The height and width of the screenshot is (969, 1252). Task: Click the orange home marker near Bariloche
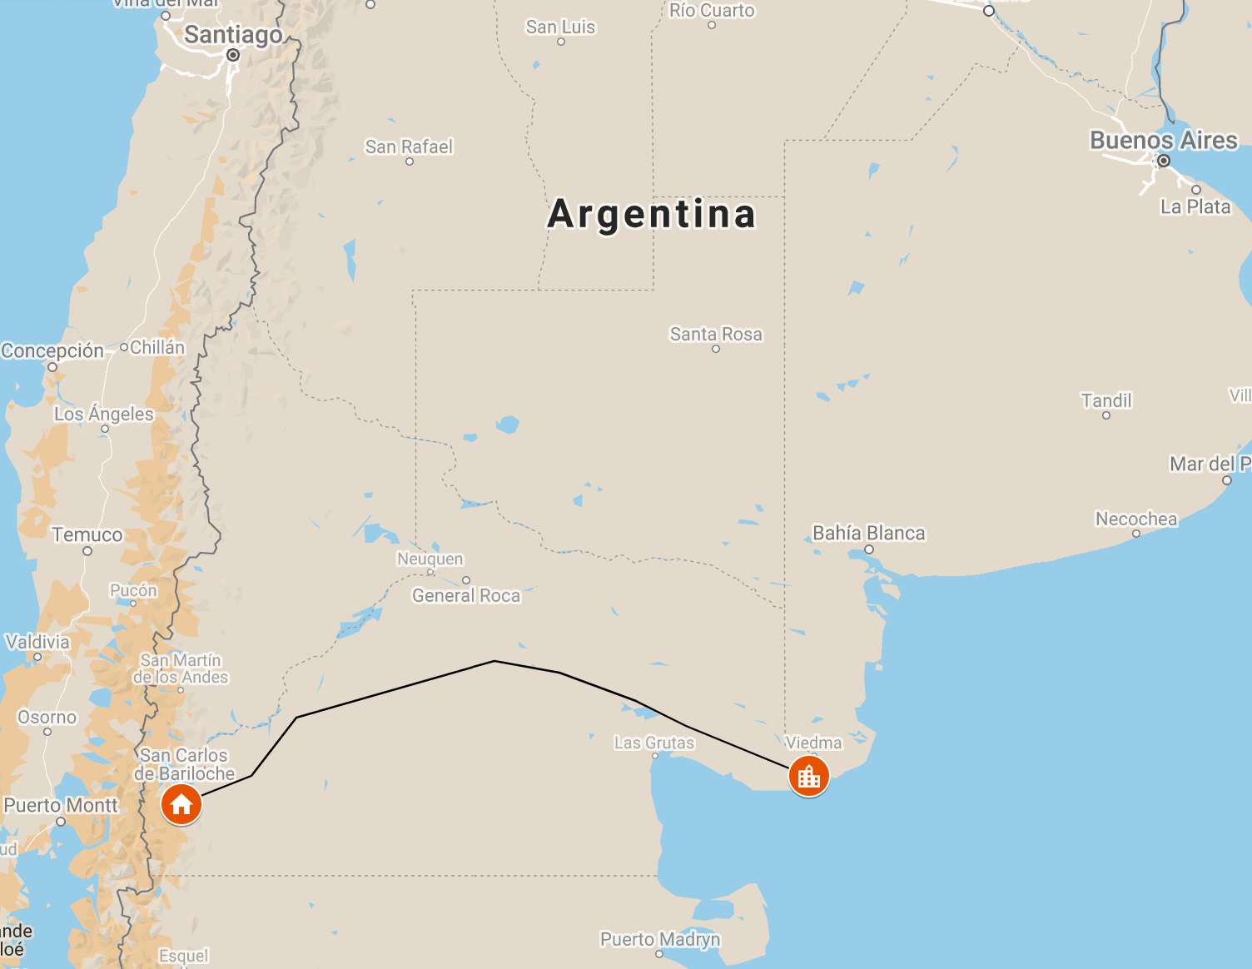181,805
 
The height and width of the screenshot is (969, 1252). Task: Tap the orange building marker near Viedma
808,777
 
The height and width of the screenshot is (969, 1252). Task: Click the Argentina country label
652,214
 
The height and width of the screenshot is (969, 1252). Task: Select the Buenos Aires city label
1163,140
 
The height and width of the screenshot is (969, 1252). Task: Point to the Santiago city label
233,35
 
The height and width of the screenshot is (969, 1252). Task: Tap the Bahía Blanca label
868,533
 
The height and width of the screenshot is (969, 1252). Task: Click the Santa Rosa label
716,334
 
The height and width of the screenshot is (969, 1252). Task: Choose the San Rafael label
409,147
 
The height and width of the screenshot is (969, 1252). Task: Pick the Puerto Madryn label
660,939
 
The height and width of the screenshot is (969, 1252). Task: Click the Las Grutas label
654,743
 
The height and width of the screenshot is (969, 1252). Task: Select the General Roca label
466,595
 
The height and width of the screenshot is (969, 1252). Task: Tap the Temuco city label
87,535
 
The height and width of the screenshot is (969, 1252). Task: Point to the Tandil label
1106,400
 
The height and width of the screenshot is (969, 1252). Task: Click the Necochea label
1136,519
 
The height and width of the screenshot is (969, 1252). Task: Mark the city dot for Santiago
233,55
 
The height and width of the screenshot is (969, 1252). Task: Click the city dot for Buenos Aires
1164,161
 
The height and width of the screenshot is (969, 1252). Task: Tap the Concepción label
52,350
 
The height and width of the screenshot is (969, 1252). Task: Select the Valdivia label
37,642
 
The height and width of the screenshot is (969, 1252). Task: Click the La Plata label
1195,206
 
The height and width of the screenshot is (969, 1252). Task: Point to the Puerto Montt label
61,805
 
